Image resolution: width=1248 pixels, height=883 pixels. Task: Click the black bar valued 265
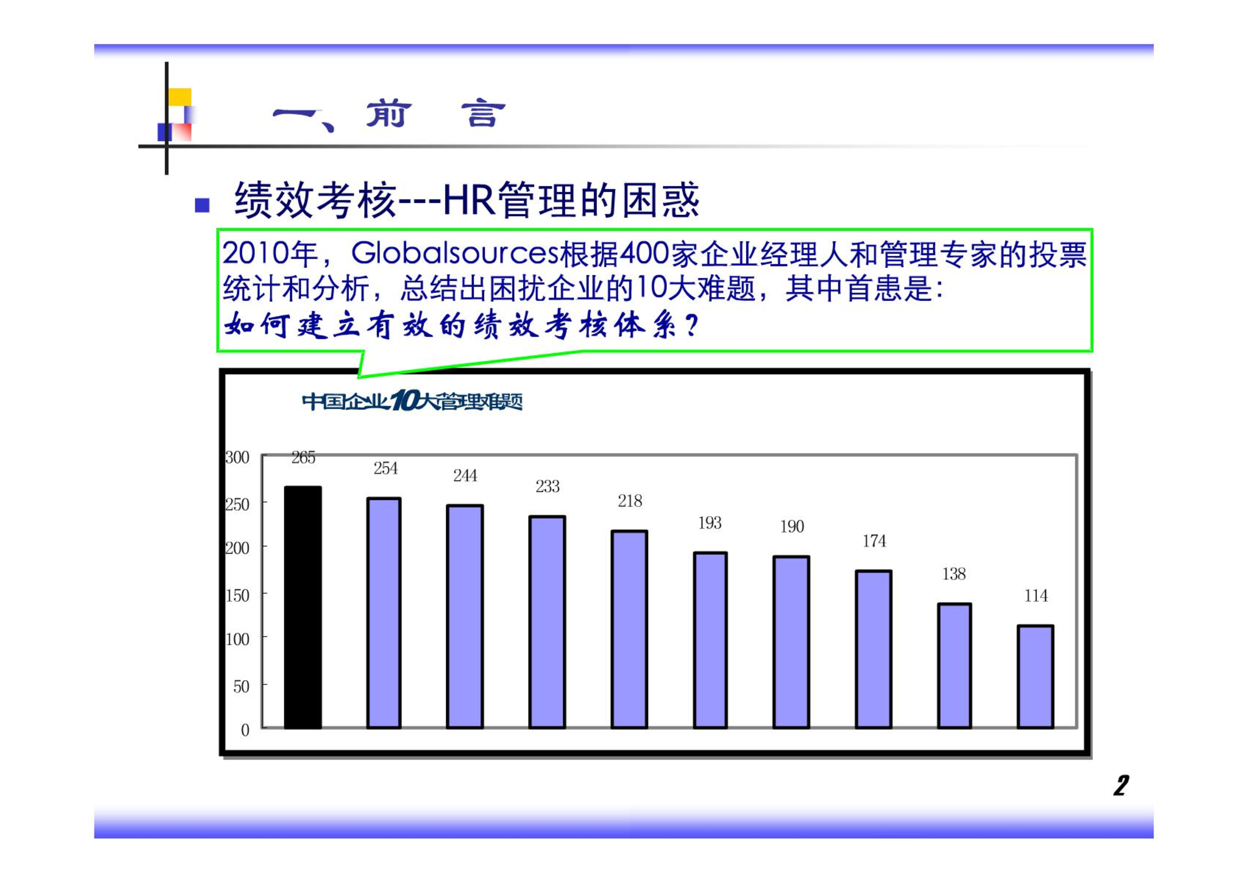click(303, 607)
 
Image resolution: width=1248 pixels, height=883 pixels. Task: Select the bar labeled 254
click(383, 613)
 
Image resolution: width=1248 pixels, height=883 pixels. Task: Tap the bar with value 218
click(629, 629)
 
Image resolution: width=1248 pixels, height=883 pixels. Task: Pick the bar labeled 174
click(873, 649)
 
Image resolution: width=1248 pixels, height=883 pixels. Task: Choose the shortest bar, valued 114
click(1035, 676)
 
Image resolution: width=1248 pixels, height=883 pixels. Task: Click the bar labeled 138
click(954, 666)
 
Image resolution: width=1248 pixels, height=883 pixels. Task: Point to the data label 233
click(548, 486)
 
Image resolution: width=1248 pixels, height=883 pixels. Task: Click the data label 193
click(710, 523)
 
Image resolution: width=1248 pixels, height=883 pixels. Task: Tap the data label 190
click(792, 526)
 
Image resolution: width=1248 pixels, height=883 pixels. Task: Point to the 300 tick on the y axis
click(237, 458)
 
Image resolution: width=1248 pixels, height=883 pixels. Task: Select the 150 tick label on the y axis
click(237, 595)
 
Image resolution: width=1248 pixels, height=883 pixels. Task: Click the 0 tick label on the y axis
click(245, 730)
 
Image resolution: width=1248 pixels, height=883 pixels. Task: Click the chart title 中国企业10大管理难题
click(412, 401)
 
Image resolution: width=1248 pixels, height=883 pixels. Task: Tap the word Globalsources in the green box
click(455, 254)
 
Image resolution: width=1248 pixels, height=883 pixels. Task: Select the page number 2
click(1121, 786)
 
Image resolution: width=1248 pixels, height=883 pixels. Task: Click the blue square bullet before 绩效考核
click(202, 206)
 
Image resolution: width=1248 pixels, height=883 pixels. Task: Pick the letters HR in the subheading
click(468, 200)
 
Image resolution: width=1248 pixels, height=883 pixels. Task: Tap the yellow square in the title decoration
click(180, 97)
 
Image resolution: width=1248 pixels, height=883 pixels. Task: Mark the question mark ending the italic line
click(692, 325)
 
